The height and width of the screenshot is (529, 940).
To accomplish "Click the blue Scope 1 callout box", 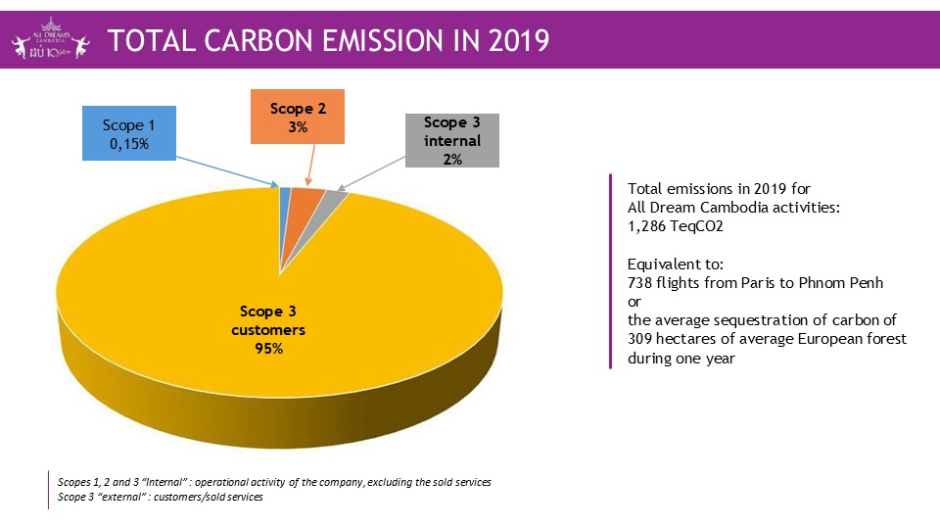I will [128, 134].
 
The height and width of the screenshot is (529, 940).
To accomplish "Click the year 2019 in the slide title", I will [514, 41].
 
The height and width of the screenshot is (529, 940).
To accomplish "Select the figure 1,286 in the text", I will [649, 225].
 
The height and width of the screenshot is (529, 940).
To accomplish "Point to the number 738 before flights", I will [639, 282].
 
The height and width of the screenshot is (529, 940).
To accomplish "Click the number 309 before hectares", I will [639, 339].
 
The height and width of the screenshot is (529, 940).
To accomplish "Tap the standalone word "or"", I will [634, 301].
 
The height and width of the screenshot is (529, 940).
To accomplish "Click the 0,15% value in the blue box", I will [128, 144].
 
